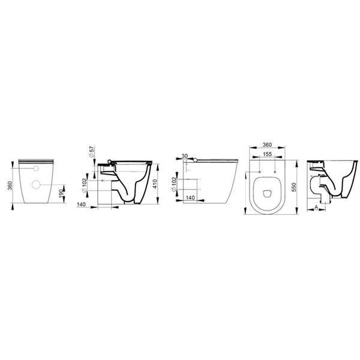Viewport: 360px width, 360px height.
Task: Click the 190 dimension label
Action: coord(61,193)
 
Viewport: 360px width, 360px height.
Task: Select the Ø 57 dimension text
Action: coord(92,152)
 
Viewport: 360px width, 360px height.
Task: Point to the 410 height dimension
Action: coord(155,184)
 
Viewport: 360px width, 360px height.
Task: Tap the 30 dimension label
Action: coord(185,156)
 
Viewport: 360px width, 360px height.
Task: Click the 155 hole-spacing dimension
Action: coord(267,154)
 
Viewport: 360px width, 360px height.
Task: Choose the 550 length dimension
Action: coord(295,187)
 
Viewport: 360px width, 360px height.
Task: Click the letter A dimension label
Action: coord(316,207)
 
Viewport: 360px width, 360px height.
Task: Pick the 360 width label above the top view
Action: coord(267,145)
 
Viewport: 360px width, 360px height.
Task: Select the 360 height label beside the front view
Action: coord(10,185)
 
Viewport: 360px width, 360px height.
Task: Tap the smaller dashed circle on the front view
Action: coord(36,169)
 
